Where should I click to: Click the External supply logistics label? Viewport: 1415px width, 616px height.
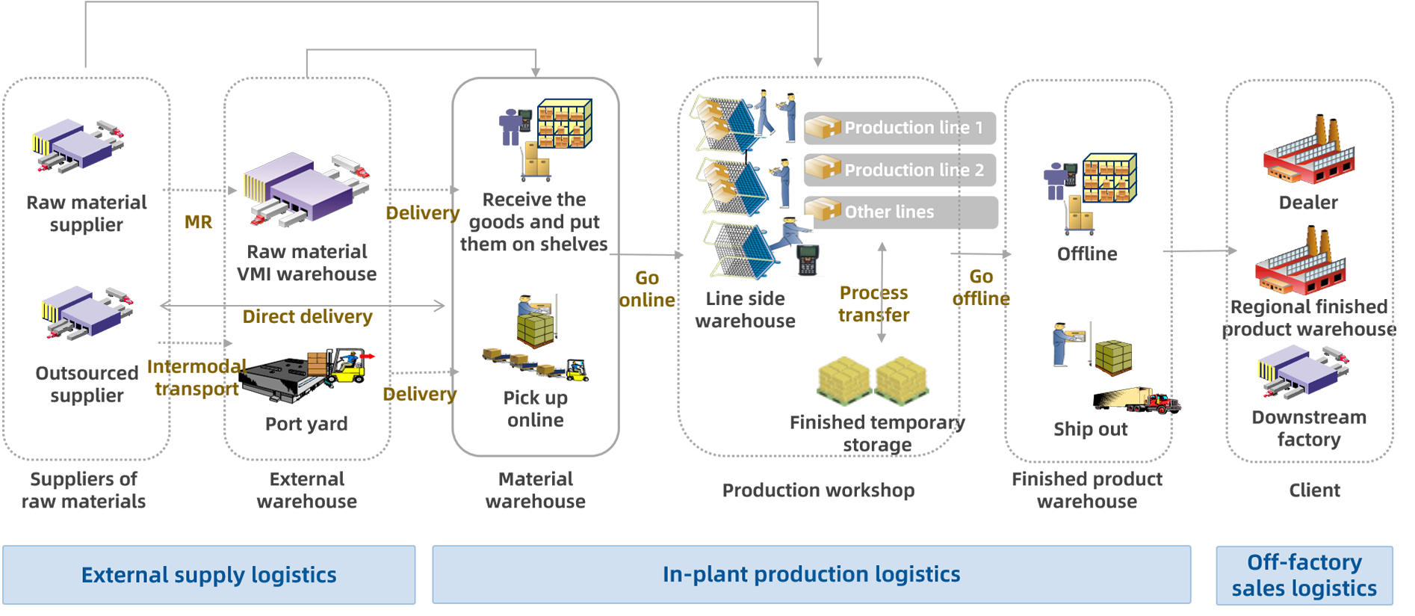point(208,575)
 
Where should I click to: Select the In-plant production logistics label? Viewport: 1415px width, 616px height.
point(811,574)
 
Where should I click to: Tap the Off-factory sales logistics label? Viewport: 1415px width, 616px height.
point(1304,575)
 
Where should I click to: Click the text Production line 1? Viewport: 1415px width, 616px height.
point(913,128)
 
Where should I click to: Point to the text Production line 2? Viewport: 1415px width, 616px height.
point(914,170)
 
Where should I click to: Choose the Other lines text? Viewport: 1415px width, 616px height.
point(889,212)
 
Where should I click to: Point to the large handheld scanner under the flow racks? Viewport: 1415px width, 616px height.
point(807,259)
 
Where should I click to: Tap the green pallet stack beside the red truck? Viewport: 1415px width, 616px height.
point(1113,359)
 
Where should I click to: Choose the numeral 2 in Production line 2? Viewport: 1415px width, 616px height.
point(979,170)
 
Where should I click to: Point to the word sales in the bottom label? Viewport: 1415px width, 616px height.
point(1258,589)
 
